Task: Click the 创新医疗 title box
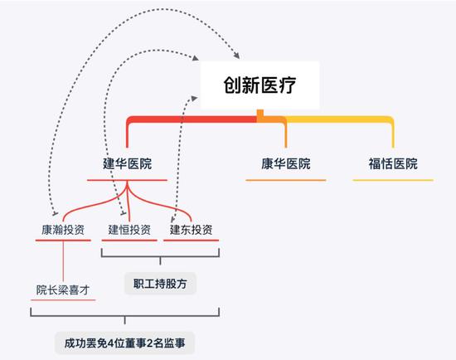[x=260, y=85]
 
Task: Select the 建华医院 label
[x=128, y=163]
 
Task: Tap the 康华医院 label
[x=286, y=163]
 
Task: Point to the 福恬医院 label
[x=393, y=163]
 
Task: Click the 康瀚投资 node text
[x=63, y=230]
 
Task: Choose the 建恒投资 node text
[x=129, y=230]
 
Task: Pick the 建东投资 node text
[x=191, y=230]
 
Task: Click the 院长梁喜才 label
[x=63, y=289]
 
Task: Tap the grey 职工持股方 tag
[x=160, y=284]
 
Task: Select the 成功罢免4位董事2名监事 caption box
[x=124, y=343]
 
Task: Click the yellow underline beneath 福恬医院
[x=393, y=180]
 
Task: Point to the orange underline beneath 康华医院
[x=286, y=180]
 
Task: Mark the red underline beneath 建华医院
[x=128, y=180]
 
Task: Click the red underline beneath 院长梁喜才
[x=63, y=299]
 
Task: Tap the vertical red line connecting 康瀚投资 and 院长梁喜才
[x=63, y=261]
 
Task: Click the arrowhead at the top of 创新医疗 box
[x=236, y=55]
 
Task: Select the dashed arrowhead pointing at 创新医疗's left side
[x=193, y=98]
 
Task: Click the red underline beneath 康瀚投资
[x=63, y=241]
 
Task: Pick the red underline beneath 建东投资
[x=191, y=241]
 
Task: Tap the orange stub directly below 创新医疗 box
[x=260, y=114]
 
